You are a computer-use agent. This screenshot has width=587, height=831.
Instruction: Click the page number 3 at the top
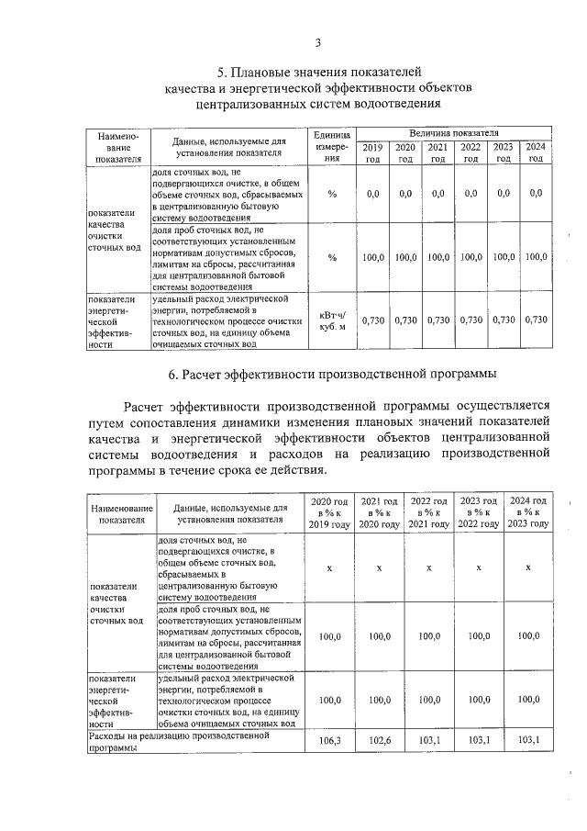317,42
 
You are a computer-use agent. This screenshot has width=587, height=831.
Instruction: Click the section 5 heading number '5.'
221,72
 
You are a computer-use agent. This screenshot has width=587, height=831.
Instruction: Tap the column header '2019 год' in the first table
372,152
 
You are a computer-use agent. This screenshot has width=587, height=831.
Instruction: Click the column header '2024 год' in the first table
536,152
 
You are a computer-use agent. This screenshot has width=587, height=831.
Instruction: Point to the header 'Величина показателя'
453,134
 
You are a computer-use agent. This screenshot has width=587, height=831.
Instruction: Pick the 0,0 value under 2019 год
372,194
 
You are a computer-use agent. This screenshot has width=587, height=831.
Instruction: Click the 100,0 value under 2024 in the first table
536,257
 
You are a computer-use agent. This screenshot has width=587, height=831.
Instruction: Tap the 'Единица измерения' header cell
332,146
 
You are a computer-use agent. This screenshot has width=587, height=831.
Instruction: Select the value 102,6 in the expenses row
379,740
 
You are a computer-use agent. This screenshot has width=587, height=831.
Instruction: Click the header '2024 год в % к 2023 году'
527,511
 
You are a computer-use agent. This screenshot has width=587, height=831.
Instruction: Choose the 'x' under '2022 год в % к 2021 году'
428,567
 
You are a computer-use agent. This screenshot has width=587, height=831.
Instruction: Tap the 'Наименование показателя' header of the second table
122,512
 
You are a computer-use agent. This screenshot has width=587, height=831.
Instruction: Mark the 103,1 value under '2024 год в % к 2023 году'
527,740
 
